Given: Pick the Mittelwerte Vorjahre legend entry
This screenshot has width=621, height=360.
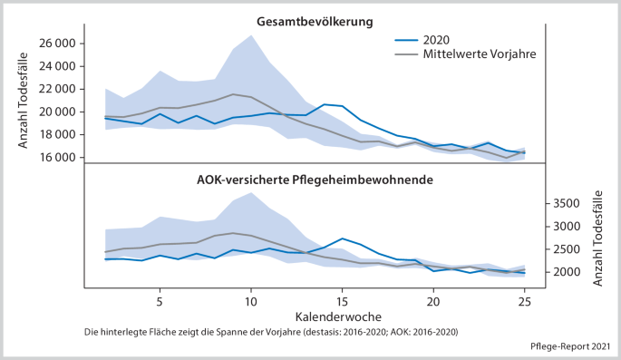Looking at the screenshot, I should coord(480,54).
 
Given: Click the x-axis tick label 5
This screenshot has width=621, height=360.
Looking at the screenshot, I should coord(160,301).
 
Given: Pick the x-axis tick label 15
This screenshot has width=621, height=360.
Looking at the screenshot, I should coord(342,301).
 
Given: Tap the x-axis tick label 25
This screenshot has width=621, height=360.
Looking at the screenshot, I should coord(524,301).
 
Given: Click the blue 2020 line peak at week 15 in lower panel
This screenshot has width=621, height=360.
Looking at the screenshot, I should coord(342,238).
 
